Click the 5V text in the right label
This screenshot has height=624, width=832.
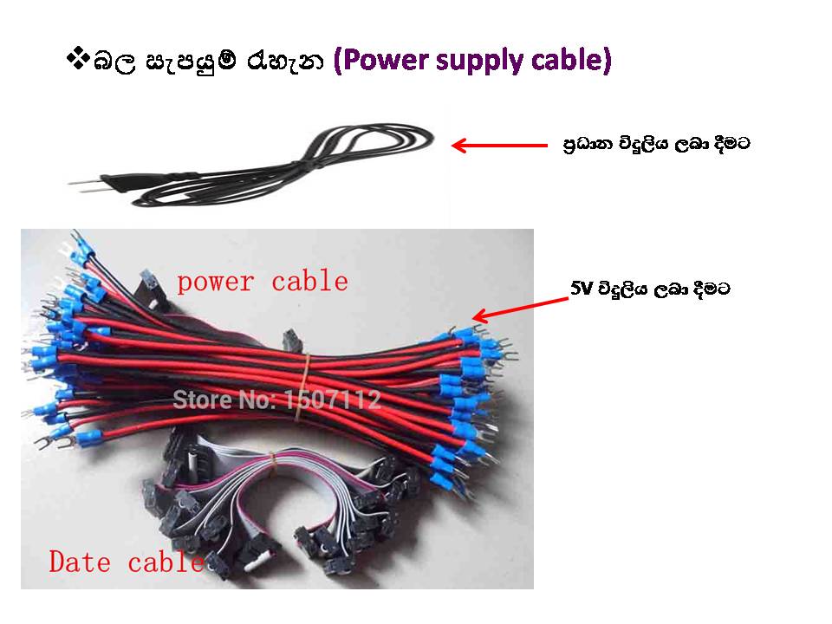[x=581, y=289]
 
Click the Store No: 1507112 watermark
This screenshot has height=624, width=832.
[x=276, y=400]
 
